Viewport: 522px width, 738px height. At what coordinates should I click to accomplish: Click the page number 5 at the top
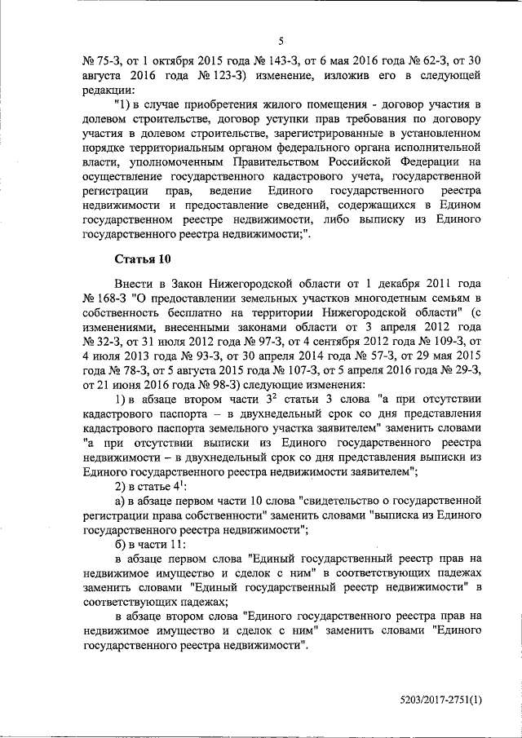[x=280, y=41]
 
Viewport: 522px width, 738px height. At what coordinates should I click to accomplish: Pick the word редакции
[x=107, y=90]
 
